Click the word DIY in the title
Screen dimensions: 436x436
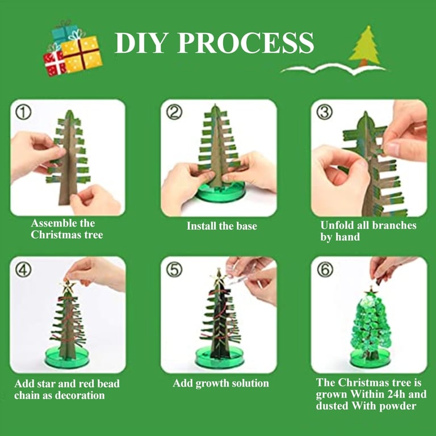coord(140,43)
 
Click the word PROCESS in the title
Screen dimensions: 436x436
coord(245,43)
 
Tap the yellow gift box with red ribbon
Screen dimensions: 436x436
coord(81,54)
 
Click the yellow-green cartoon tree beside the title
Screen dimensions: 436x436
coord(364,47)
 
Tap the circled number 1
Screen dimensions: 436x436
coord(23,112)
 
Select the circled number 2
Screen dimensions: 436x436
coord(174,112)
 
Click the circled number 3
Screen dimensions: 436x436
coord(324,112)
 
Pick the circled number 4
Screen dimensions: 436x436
coord(23,270)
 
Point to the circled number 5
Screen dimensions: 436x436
coord(174,270)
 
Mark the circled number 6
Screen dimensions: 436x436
coord(325,270)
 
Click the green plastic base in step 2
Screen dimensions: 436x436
coord(220,192)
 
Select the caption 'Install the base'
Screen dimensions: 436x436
coord(221,226)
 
